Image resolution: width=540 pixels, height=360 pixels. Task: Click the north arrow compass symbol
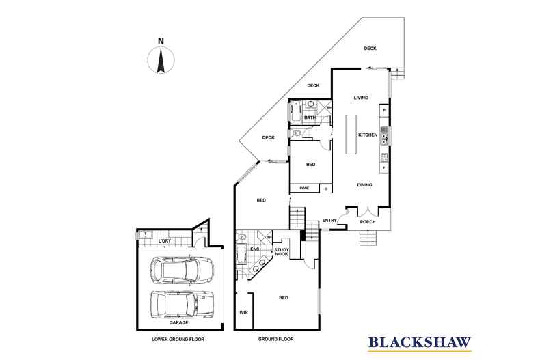tap(161, 59)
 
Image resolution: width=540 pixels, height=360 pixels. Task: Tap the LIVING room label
tap(361, 98)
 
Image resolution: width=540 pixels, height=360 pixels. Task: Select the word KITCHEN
tap(368, 135)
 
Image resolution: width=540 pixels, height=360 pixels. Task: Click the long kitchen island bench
tap(351, 135)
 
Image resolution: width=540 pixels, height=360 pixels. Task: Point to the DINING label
tap(364, 185)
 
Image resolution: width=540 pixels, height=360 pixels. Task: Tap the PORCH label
tap(368, 221)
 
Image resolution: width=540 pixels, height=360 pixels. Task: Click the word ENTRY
tap(329, 220)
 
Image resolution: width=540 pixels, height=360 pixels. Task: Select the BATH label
tap(310, 118)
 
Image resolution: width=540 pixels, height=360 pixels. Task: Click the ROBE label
tap(303, 187)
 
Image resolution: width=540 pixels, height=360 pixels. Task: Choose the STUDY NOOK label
tap(282, 253)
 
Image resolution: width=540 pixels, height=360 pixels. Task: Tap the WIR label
tap(243, 313)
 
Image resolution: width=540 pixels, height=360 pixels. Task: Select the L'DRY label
tap(164, 241)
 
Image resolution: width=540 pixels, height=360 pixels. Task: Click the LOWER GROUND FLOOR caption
tap(178, 339)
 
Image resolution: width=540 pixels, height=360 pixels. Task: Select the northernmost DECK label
tap(370, 49)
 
